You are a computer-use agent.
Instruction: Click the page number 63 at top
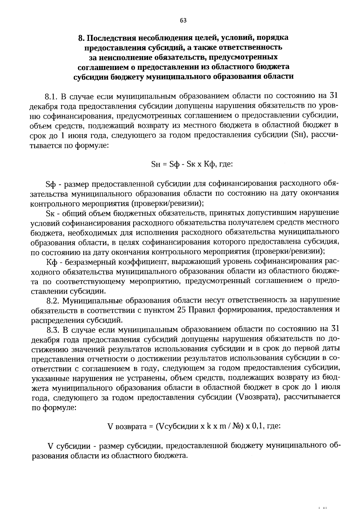(183, 20)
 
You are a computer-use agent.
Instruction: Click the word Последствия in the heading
(111, 38)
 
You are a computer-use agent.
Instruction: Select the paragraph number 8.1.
(51, 97)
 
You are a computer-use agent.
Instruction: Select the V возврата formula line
(194, 426)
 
